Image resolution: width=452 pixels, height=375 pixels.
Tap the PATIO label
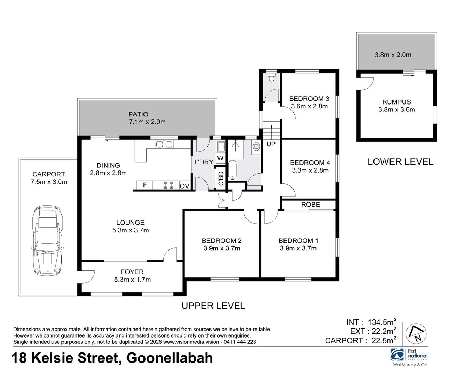[138, 114]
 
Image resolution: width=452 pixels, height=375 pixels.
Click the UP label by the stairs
[271, 144]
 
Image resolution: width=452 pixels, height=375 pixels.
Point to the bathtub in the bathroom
[232, 170]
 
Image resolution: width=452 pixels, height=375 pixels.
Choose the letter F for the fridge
[145, 185]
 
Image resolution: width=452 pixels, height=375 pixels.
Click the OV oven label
[184, 186]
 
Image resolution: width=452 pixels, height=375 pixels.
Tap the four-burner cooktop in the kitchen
[169, 185]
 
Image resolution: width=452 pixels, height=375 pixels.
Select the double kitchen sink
[164, 144]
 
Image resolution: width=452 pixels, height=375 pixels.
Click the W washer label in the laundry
[220, 158]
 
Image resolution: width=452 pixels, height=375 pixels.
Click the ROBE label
[310, 205]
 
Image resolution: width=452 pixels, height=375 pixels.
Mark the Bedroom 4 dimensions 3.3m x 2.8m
[310, 170]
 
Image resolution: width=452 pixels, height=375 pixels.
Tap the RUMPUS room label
[396, 102]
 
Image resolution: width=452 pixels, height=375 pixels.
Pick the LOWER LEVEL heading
[400, 162]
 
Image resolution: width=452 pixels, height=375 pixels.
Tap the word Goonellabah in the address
[170, 358]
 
